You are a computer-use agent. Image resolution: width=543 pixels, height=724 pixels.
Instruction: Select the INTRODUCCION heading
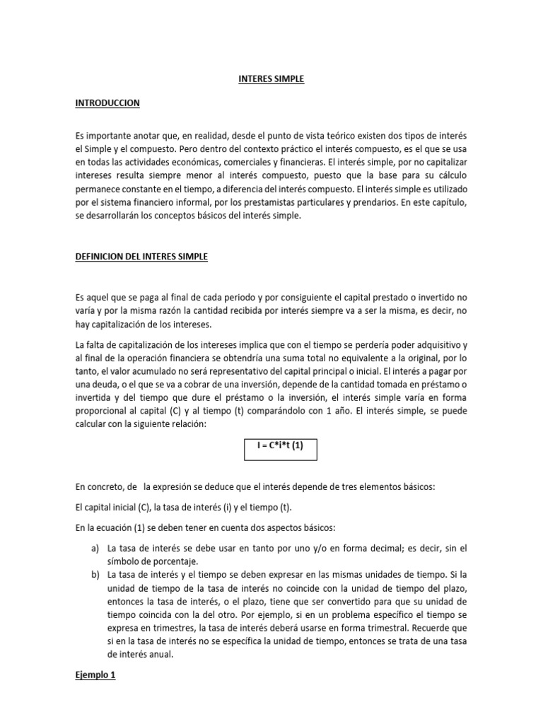[107, 103]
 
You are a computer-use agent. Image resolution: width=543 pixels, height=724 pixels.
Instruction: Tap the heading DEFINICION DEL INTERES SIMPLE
[141, 257]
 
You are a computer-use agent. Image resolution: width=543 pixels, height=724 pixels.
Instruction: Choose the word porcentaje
[158, 561]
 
